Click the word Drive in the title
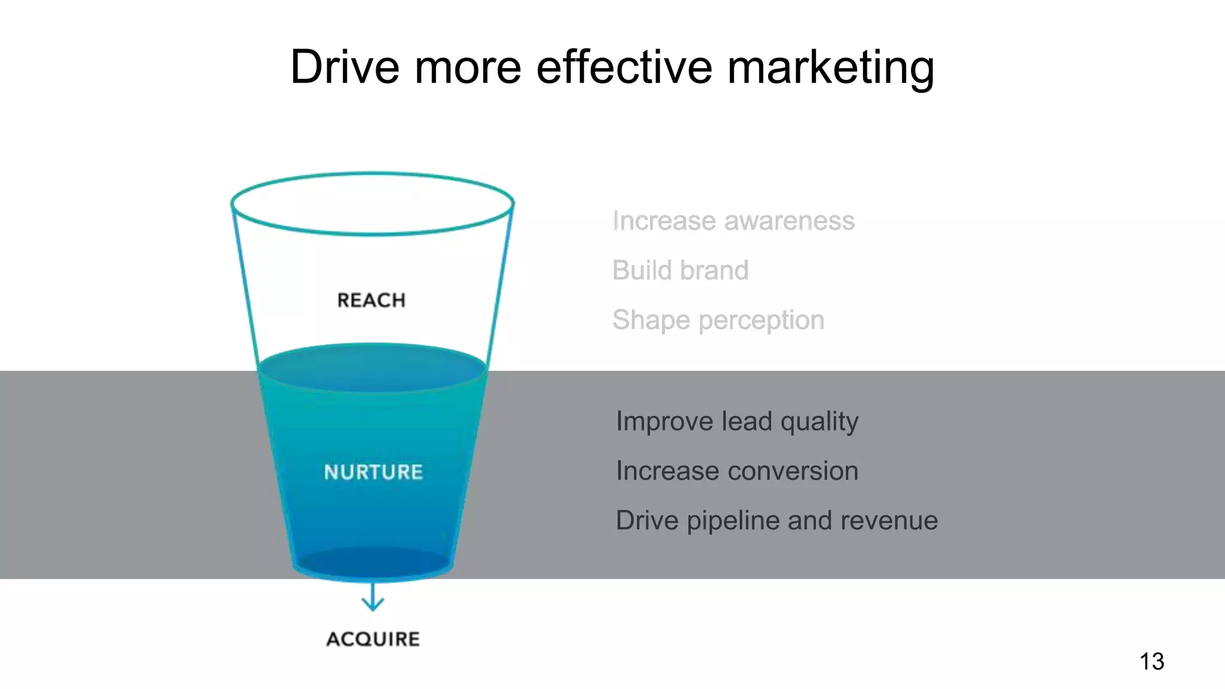[x=345, y=67]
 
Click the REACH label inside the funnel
[x=371, y=300]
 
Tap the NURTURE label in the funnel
[x=373, y=472]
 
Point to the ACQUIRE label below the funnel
[x=373, y=639]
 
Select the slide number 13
[x=1151, y=661]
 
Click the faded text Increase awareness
[x=733, y=221]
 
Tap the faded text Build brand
[x=680, y=270]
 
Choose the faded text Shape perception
[x=718, y=321]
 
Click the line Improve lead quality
[x=737, y=422]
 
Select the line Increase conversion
[x=737, y=471]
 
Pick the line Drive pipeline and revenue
[x=776, y=521]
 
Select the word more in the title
[x=468, y=67]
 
